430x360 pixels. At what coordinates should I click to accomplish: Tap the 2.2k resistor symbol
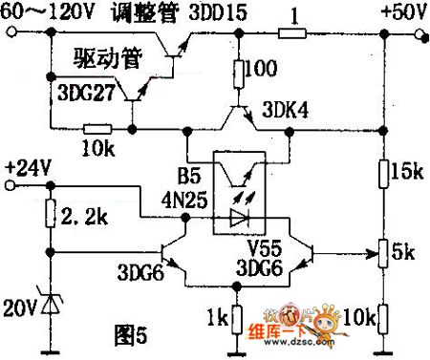(x=48, y=216)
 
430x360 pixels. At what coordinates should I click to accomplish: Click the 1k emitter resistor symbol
(x=235, y=314)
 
